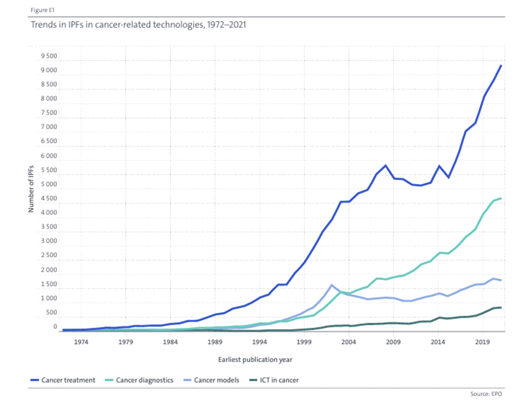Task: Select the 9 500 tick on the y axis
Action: click(x=49, y=57)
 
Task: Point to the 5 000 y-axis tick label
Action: click(x=49, y=185)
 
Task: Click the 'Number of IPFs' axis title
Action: click(x=32, y=187)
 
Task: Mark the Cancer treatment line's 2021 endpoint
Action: click(x=501, y=66)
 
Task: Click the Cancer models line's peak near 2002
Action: click(x=332, y=285)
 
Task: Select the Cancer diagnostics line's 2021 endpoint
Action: click(x=501, y=198)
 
